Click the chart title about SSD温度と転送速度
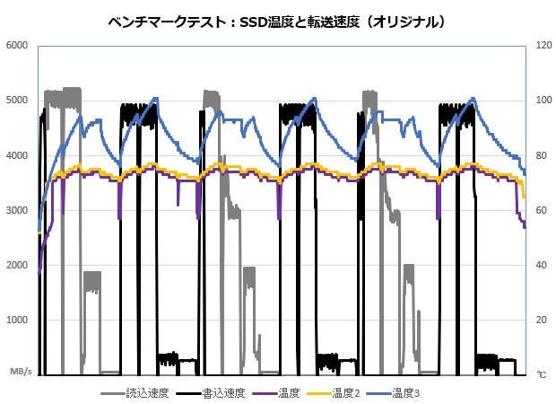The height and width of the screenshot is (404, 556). tap(277, 20)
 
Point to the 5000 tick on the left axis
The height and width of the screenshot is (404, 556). tap(17, 100)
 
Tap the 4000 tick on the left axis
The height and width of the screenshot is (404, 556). tap(17, 155)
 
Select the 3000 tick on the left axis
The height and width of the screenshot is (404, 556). tap(17, 210)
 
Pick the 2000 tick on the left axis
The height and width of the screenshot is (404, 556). tap(17, 265)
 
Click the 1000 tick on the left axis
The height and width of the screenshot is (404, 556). tap(17, 321)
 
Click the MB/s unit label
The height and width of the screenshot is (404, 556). tap(21, 370)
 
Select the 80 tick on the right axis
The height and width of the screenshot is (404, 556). tap(541, 155)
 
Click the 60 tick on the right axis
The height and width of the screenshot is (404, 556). tap(541, 210)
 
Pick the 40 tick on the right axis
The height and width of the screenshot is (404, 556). tap(541, 265)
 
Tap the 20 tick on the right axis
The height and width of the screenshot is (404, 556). tap(541, 321)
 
